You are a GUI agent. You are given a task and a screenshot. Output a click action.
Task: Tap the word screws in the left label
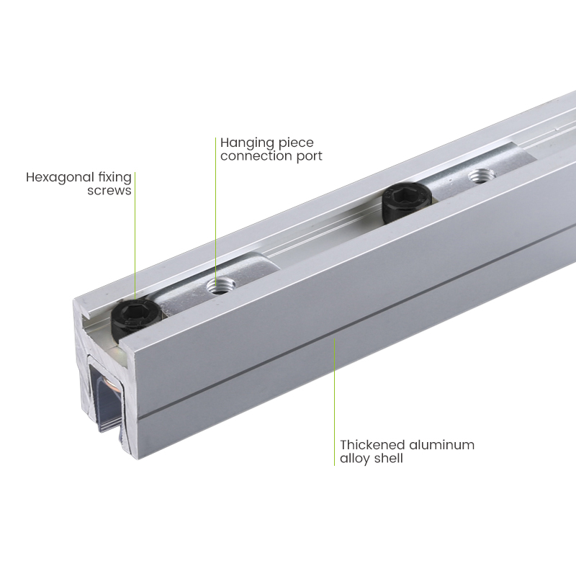coord(109,191)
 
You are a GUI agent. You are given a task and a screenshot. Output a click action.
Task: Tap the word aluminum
coord(441,445)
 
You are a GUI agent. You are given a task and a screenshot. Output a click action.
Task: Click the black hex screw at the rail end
coord(135,316)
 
